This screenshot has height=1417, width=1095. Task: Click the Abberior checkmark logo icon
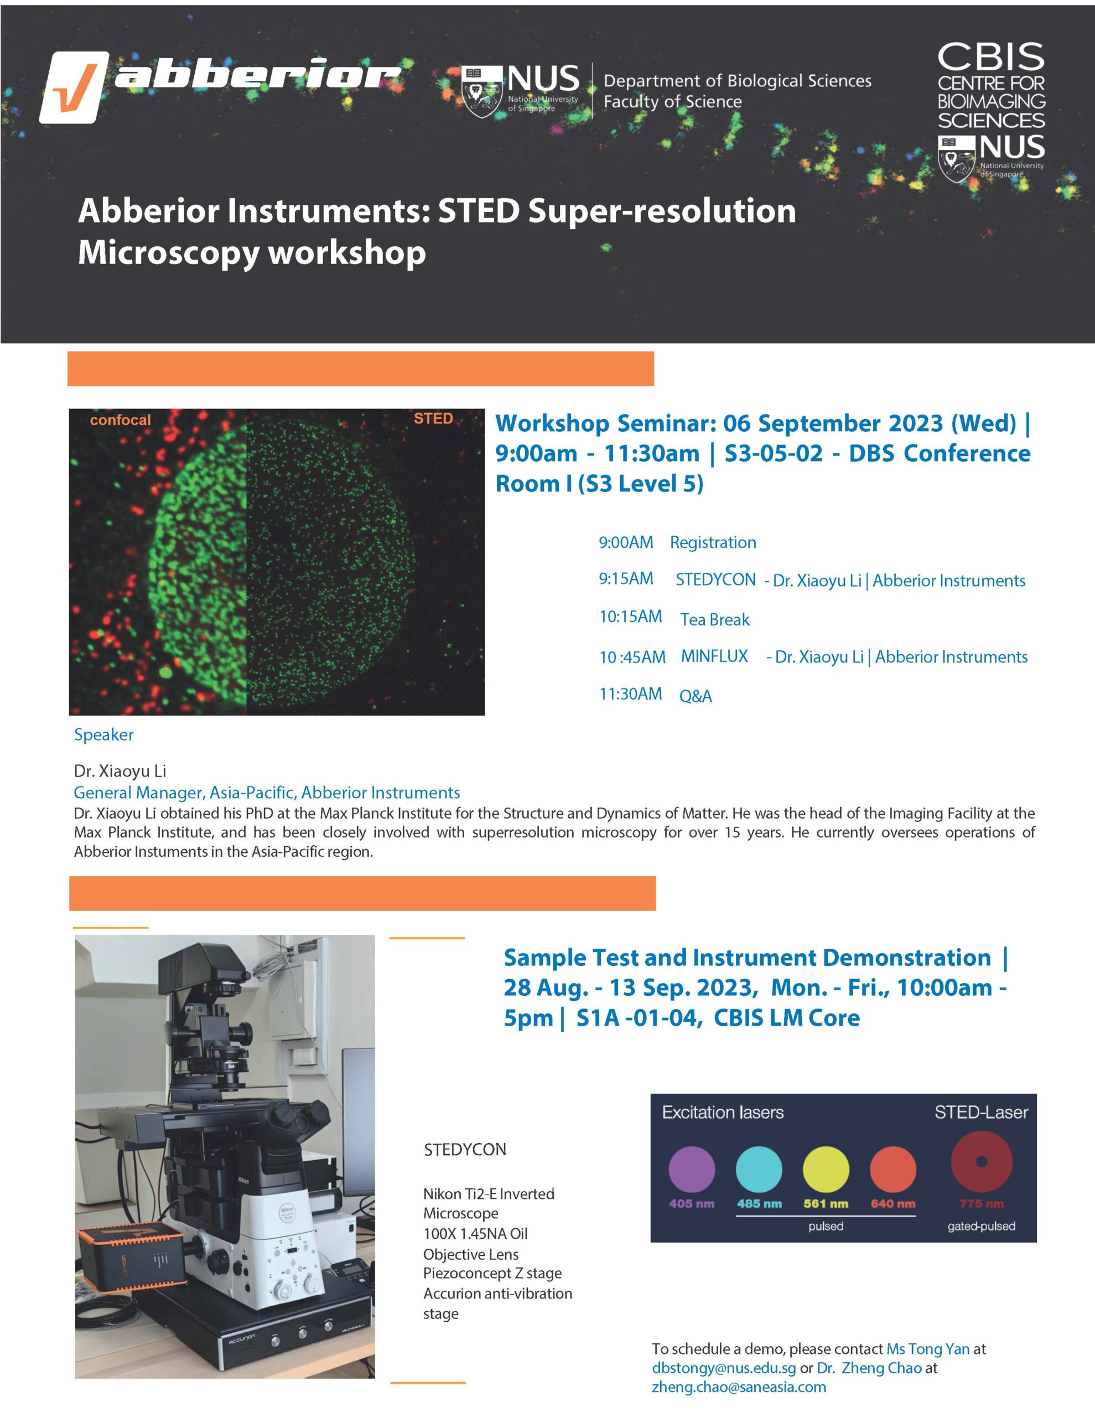[x=73, y=87]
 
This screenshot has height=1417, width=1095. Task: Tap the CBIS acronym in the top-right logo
[x=990, y=58]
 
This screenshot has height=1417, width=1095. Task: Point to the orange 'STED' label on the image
[x=433, y=418]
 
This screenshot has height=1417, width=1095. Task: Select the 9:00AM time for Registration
[x=625, y=542]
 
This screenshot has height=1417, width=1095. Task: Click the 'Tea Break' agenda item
[x=714, y=619]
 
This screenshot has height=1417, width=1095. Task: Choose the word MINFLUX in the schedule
[x=714, y=656]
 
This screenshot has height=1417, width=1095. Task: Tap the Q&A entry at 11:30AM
[x=695, y=696]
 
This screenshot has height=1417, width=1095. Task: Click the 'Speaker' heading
[x=104, y=735]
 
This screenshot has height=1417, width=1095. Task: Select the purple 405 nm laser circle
[x=692, y=1170]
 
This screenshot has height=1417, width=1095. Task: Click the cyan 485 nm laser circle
[x=759, y=1170]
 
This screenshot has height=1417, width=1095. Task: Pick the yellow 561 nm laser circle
[x=826, y=1170]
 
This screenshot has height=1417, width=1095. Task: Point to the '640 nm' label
[x=892, y=1203]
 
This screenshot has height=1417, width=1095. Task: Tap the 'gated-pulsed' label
[x=981, y=1226]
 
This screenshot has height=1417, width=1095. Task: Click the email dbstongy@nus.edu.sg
[x=723, y=1368]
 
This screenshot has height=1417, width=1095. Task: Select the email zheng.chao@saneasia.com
[x=739, y=1387]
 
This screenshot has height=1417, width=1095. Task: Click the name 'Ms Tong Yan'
[x=928, y=1349]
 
